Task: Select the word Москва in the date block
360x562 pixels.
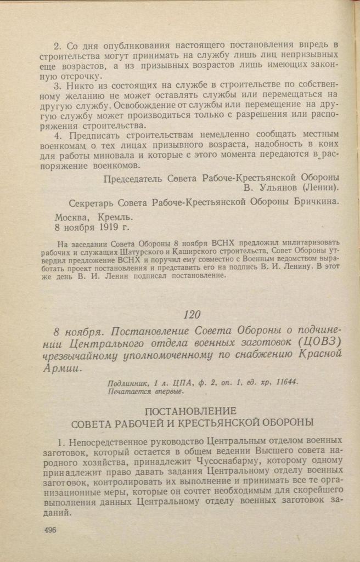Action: pos(73,215)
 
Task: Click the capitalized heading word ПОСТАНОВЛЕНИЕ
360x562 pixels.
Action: pos(190,411)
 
